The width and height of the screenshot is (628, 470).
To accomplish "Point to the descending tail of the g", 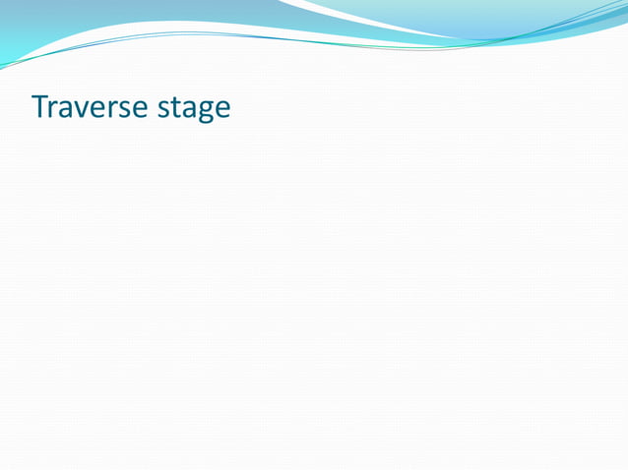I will (x=202, y=120).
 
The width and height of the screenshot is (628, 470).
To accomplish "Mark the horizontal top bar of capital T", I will (x=38, y=95).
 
